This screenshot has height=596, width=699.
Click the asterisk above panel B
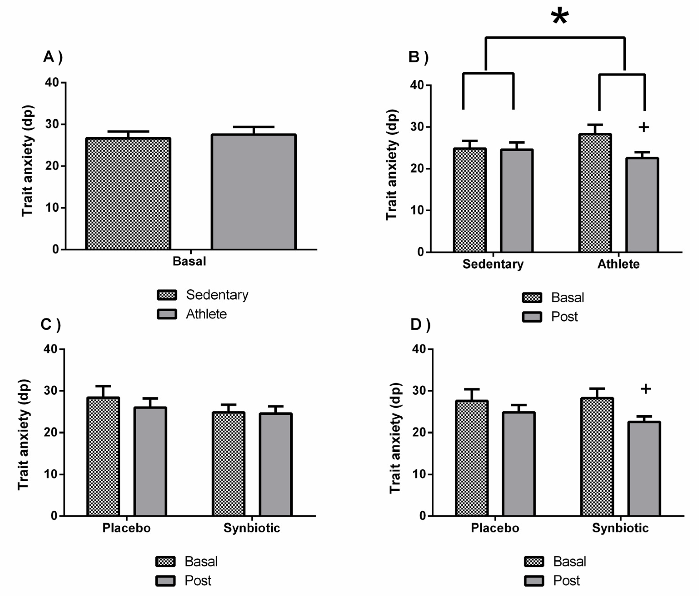coord(560,17)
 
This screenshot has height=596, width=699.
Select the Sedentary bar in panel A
coord(128,194)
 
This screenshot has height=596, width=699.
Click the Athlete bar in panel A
coord(254,192)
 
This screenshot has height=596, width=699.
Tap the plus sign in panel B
coord(644,127)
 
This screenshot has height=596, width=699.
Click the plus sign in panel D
coord(646,389)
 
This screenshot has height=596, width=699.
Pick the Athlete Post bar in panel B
coord(642,205)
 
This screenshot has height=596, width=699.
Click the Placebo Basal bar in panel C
coord(103,457)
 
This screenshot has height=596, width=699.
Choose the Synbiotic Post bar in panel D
coord(644,469)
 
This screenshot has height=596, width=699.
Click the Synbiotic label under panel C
coord(252,527)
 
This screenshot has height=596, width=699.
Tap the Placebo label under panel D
coord(495,527)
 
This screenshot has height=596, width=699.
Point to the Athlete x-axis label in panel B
coord(618,264)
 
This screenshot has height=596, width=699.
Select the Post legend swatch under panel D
coord(534,581)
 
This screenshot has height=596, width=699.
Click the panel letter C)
coord(51,324)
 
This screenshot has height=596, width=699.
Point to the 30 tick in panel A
coord(52,124)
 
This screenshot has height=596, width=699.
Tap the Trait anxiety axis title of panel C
coord(24,435)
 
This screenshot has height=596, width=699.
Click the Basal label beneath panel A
coord(189,261)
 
